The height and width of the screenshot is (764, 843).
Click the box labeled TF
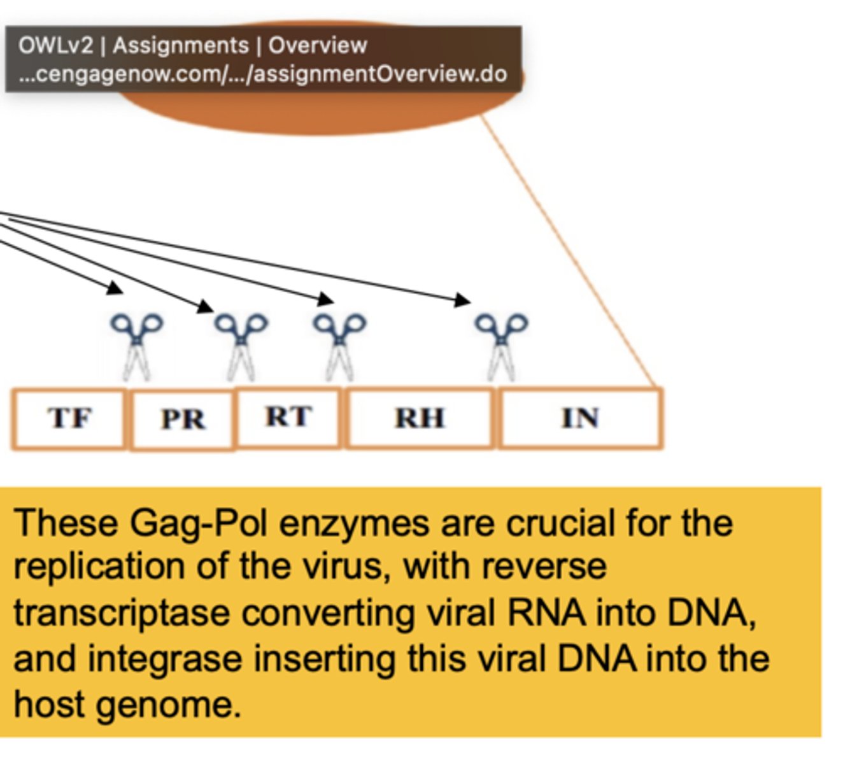coord(69,418)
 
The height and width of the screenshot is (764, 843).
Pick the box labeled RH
coord(420,418)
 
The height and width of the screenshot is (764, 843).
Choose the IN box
coord(580,418)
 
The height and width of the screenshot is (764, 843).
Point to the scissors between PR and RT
coord(241,344)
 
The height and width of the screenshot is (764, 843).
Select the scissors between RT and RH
coord(339,344)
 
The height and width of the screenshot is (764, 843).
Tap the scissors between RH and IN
coord(502,344)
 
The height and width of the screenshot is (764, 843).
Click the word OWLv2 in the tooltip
coord(55,46)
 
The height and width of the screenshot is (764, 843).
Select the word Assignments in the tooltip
coord(180,46)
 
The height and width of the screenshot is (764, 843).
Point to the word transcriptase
coord(121,614)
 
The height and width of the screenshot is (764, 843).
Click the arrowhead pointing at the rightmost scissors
coord(464,299)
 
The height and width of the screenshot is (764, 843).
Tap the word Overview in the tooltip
coord(317,46)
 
